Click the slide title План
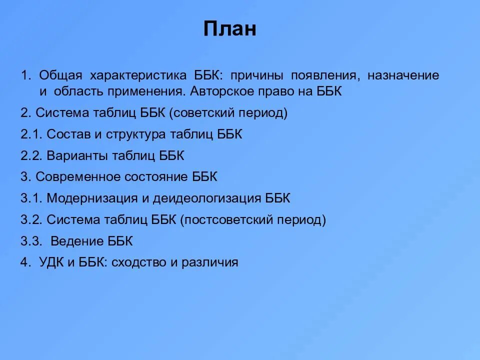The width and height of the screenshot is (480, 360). pyautogui.click(x=229, y=29)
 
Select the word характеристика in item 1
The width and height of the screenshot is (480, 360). pyautogui.click(x=138, y=75)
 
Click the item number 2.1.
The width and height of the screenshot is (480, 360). pyautogui.click(x=31, y=134)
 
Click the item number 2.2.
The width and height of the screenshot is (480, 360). pyautogui.click(x=31, y=155)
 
